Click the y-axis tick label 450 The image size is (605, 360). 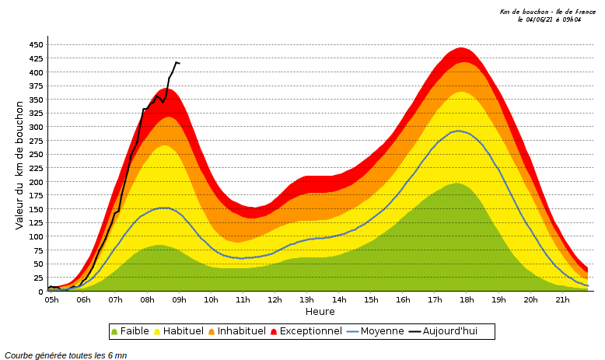[x=36, y=45]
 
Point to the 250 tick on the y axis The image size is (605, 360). [x=36, y=155]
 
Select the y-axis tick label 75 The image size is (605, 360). [x=38, y=250]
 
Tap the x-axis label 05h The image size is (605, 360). [x=51, y=300]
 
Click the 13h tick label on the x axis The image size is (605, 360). [x=307, y=300]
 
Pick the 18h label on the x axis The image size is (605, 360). [x=467, y=300]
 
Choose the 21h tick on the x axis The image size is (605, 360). [x=562, y=300]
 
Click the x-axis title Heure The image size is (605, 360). [x=320, y=312]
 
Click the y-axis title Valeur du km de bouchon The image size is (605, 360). [x=20, y=164]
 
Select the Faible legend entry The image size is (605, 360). [x=130, y=331]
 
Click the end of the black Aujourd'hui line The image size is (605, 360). [x=178, y=63]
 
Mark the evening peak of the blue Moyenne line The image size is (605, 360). [x=458, y=131]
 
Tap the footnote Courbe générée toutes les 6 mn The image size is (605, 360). [x=66, y=355]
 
